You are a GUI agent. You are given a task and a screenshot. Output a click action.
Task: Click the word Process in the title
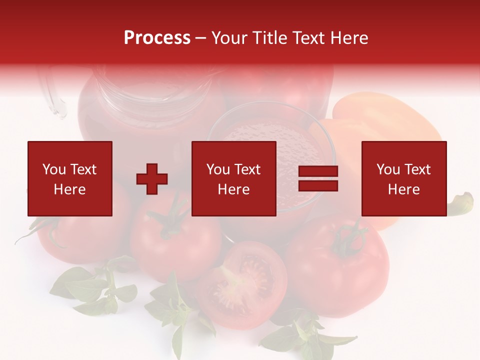coord(157,38)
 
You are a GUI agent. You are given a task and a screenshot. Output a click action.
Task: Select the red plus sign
coord(152,178)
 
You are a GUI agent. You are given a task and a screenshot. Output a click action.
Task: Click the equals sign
coord(318,178)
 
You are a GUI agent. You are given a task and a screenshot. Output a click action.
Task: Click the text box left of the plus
coord(70,178)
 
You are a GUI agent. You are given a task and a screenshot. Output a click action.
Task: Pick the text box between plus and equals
coord(234,178)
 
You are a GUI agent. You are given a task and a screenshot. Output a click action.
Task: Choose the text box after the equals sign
coord(404,178)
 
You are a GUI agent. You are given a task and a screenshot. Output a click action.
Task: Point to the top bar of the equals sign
coord(318,172)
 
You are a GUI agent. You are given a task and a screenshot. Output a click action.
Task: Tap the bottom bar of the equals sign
coord(318,185)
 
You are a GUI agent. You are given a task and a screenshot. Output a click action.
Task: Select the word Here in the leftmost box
coord(70,189)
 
